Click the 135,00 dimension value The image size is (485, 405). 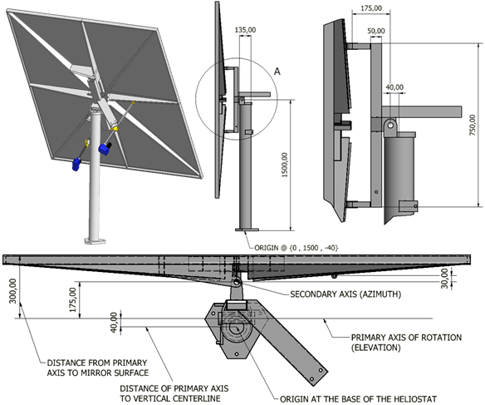(x=245, y=30)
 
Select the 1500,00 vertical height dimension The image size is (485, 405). (x=285, y=165)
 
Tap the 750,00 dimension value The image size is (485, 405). (x=473, y=126)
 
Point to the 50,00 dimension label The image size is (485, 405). (x=376, y=31)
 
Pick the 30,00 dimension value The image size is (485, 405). (x=444, y=279)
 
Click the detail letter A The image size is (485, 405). (x=277, y=72)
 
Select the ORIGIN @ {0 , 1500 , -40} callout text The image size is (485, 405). (x=296, y=248)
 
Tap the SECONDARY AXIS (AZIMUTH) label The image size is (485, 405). (x=345, y=294)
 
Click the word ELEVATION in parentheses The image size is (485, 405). (x=376, y=348)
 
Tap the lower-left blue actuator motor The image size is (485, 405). (x=76, y=164)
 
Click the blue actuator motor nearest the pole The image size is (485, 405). (x=105, y=148)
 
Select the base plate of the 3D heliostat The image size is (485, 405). (x=96, y=240)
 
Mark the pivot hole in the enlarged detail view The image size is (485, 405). (x=390, y=125)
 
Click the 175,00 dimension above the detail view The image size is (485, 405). (x=371, y=8)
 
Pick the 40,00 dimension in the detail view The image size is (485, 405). (x=394, y=87)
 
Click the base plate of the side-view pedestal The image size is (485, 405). (x=247, y=230)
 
